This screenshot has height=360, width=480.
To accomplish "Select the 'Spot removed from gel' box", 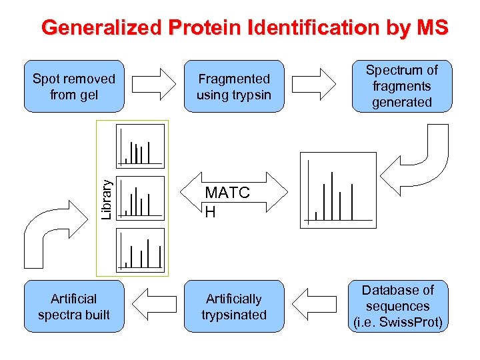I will click(74, 87).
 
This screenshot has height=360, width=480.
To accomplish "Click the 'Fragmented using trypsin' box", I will click(233, 87).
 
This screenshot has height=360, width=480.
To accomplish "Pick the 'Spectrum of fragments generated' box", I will click(401, 87).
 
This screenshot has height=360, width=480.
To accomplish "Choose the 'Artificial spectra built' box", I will click(74, 307).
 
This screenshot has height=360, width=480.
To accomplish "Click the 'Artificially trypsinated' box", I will click(233, 307).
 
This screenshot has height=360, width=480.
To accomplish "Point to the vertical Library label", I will click(107, 197).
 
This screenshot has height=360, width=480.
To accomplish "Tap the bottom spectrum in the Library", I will click(140, 249).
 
